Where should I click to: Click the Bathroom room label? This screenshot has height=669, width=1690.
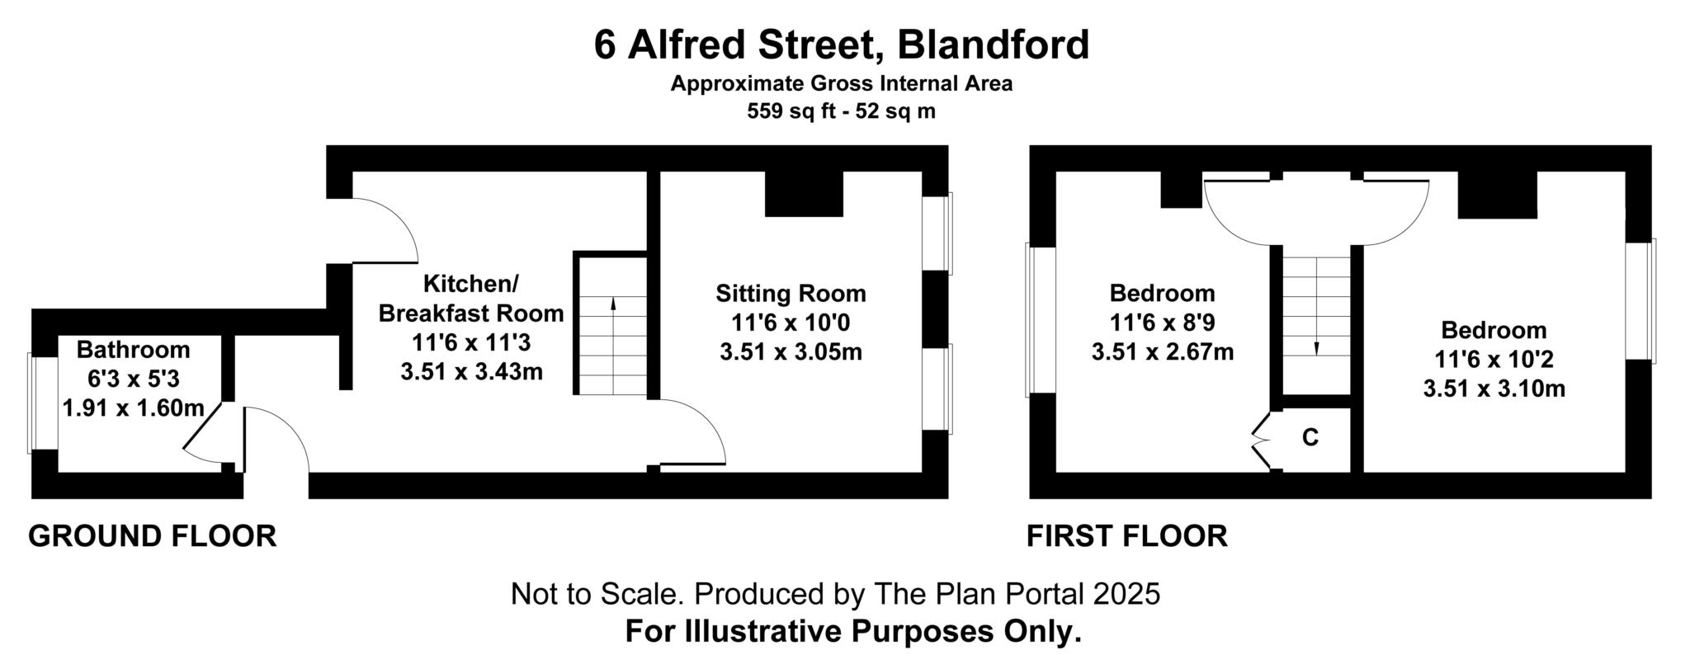[x=133, y=350]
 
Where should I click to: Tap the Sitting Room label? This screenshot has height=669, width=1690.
[x=791, y=294]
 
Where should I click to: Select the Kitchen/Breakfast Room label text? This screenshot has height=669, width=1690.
[x=470, y=299]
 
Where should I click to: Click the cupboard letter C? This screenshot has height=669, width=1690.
[x=1310, y=437]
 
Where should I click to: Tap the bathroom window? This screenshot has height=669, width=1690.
[x=31, y=403]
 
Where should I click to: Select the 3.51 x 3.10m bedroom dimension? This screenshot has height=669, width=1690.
[x=1494, y=389]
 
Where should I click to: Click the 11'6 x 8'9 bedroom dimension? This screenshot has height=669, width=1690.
[x=1162, y=323]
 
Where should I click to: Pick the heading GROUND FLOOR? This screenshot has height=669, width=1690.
[x=153, y=536]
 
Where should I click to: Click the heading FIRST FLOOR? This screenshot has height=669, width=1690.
[x=1126, y=536]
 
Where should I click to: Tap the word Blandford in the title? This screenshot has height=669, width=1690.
[x=994, y=45]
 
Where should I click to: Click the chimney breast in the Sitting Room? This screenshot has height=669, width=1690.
[x=804, y=195]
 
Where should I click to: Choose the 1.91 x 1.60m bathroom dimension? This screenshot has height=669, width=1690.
[x=133, y=408]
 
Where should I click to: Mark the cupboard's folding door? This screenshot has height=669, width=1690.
[x=1261, y=443]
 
